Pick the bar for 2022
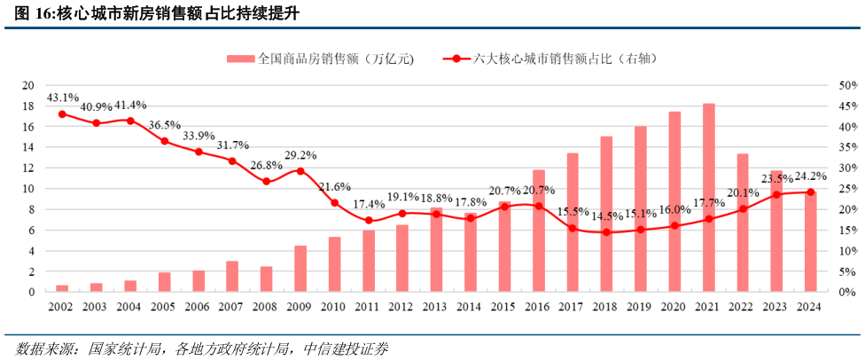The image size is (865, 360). pyautogui.click(x=743, y=223)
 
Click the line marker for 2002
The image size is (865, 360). pyautogui.click(x=62, y=114)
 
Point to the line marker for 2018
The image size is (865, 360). pyautogui.click(x=607, y=232)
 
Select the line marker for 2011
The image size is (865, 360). pyautogui.click(x=369, y=221)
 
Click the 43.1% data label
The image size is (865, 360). pyautogui.click(x=62, y=98)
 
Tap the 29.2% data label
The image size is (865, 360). pyautogui.click(x=300, y=155)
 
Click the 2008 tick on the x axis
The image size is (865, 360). pyautogui.click(x=266, y=306)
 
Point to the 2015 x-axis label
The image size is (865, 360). pyautogui.click(x=504, y=306)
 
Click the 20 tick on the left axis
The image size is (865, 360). pyautogui.click(x=27, y=86)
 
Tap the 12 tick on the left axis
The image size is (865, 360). pyautogui.click(x=27, y=168)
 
